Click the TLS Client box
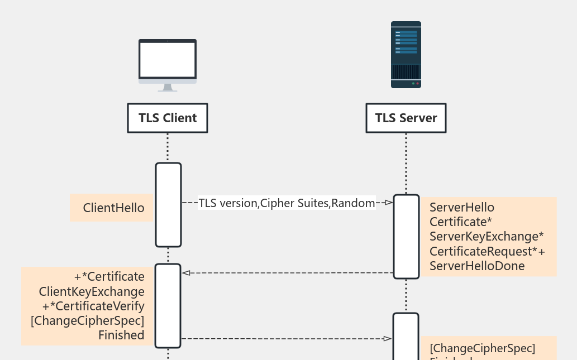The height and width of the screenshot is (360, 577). coord(168,118)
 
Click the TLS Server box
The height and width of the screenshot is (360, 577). coord(406,118)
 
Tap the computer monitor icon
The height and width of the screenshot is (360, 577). coord(168,61)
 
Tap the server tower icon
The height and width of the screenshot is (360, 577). coord(406,55)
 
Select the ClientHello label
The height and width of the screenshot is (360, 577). coord(113,208)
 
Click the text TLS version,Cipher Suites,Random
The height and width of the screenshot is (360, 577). coord(287,203)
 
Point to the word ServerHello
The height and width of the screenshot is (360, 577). coord(461,208)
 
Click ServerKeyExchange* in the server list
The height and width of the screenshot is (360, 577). coord(487,237)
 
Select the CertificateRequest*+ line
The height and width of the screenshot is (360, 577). coord(487,251)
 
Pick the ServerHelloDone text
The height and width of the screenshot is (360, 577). coord(477,266)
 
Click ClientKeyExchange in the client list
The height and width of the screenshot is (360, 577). coord(92,291)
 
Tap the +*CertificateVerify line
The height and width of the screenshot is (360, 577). coord(93,306)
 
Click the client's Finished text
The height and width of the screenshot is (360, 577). coord(121,335)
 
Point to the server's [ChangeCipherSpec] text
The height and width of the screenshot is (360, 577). coord(482,348)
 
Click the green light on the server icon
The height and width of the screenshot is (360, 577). coord(413,84)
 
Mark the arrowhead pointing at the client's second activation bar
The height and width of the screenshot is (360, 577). coord(187,273)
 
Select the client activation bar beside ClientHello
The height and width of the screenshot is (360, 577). coord(168,205)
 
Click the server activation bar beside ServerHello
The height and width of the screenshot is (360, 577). coord(406,236)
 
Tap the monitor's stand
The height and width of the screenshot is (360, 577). coord(168,88)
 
